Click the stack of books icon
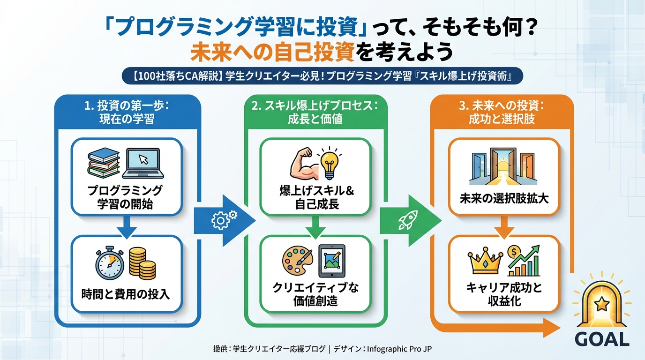[x=104, y=162]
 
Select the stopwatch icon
[x=110, y=263]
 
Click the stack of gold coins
[x=142, y=262]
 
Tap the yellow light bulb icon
[x=330, y=162]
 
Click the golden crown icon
[x=485, y=263]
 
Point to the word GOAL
[x=602, y=339]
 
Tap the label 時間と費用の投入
[x=125, y=294]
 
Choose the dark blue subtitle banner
[x=322, y=76]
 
